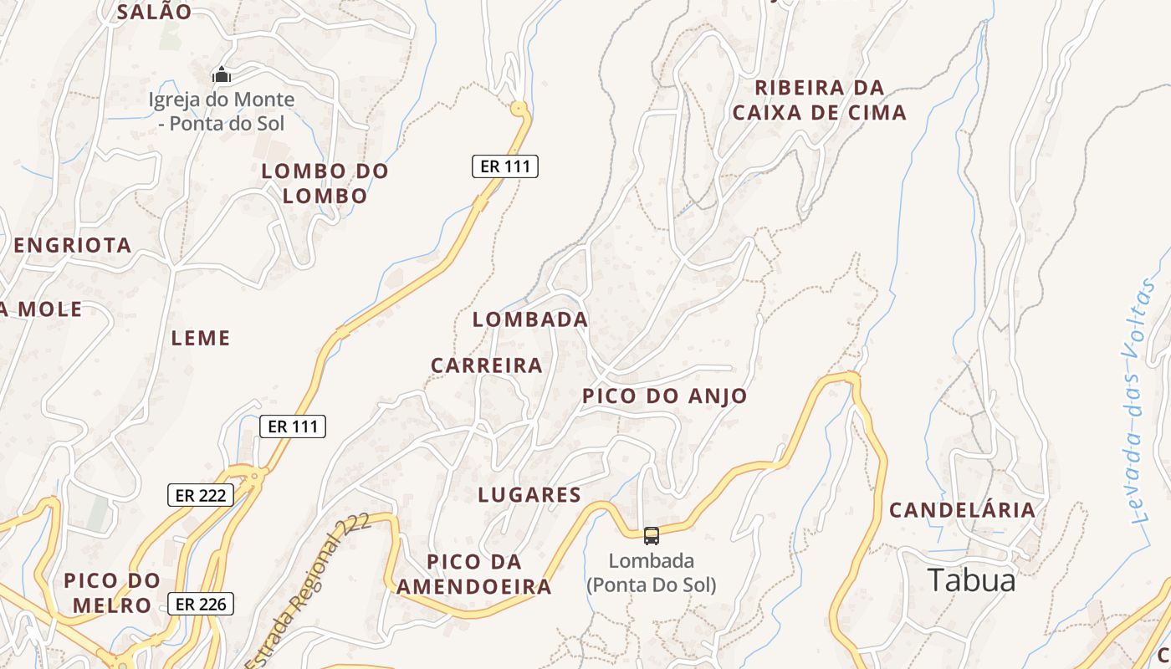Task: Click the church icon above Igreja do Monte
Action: (221, 75)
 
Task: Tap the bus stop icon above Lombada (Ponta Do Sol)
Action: (651, 536)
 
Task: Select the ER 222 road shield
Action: (200, 495)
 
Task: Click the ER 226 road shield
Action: (200, 604)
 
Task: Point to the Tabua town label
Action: (971, 580)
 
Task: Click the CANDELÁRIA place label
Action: (962, 510)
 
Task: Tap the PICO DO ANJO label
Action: (664, 396)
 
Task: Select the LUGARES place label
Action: (529, 495)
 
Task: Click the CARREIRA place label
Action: (486, 366)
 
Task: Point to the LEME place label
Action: (200, 339)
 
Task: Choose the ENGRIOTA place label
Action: (73, 246)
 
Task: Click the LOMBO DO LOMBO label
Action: (325, 184)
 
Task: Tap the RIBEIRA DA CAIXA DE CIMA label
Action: (819, 100)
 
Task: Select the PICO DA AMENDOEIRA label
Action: (473, 575)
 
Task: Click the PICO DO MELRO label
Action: (111, 593)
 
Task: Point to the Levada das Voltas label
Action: (1140, 401)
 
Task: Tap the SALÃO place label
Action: (154, 13)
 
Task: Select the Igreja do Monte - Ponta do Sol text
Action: (222, 111)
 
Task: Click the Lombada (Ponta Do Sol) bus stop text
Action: (651, 573)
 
